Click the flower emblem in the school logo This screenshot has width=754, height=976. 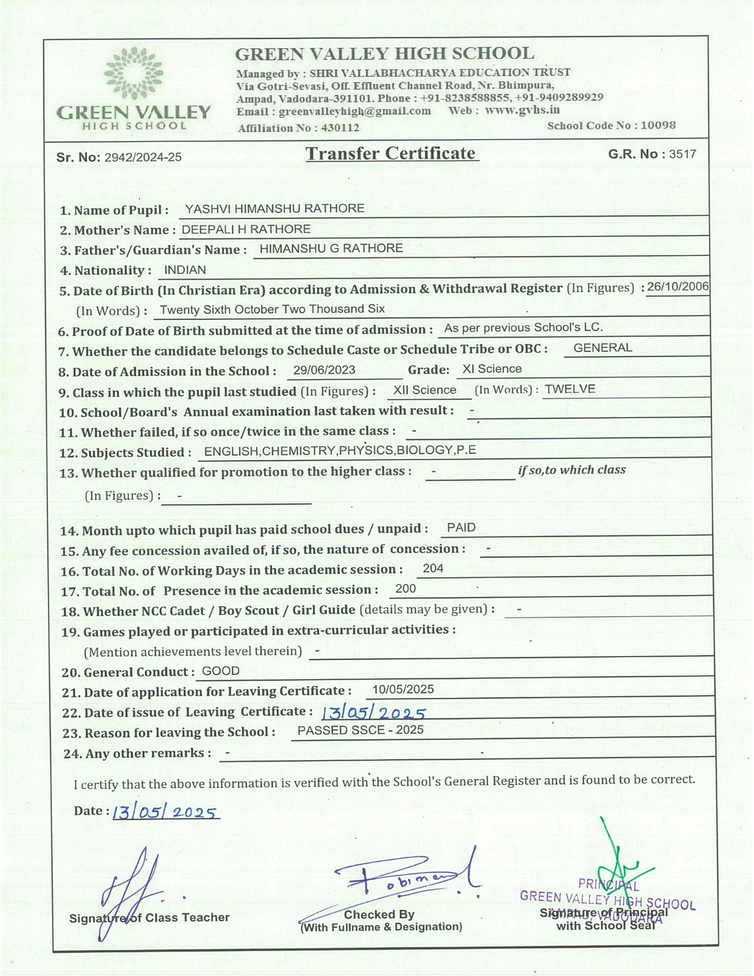coord(133,73)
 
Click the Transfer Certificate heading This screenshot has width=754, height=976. coord(391,153)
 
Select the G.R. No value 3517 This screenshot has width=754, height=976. coord(683,154)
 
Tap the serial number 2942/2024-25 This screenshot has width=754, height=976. coord(143,157)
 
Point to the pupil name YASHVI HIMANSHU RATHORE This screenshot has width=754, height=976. coord(274,209)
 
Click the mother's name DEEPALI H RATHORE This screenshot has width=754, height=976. coord(246,230)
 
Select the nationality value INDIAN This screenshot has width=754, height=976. coord(185,270)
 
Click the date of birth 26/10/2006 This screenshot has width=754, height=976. coord(678,287)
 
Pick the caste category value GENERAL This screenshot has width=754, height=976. coord(603,348)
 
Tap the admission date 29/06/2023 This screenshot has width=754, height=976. coord(324,370)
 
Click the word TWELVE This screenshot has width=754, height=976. coord(570,389)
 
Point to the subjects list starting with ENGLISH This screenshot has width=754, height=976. coord(340,451)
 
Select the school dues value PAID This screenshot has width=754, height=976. coord(461,528)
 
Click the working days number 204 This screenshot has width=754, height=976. coord(433,568)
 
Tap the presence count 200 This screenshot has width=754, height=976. coord(406,589)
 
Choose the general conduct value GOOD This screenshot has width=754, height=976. coord(221,671)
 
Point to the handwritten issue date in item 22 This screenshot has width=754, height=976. coord(374,713)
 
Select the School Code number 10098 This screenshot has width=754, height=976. coord(658,125)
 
